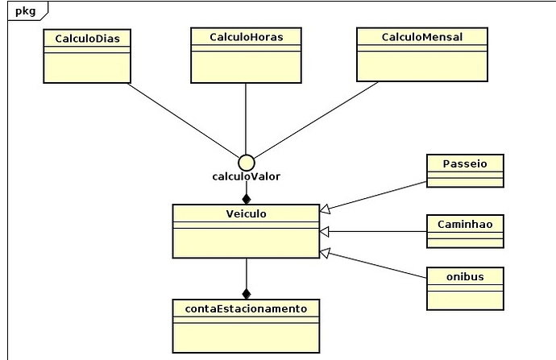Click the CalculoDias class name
pyautogui.click(x=87, y=39)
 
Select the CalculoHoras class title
pyautogui.click(x=247, y=37)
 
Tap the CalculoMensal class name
pyautogui.click(x=422, y=37)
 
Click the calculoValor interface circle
pyautogui.click(x=247, y=163)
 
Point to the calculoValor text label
pyautogui.click(x=246, y=176)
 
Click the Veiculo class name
pyautogui.click(x=246, y=214)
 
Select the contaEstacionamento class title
pyautogui.click(x=246, y=309)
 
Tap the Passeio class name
pyautogui.click(x=465, y=163)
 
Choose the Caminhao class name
pyautogui.click(x=465, y=224)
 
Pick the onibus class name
pyautogui.click(x=465, y=277)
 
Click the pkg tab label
pyautogui.click(x=26, y=11)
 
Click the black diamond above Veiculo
pyautogui.click(x=247, y=199)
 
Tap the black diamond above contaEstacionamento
pyautogui.click(x=247, y=294)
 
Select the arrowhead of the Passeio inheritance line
pyautogui.click(x=325, y=209)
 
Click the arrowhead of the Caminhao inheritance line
pyautogui.click(x=324, y=232)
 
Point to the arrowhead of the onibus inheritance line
pyautogui.click(x=325, y=252)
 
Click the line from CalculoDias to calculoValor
pyautogui.click(x=184, y=120)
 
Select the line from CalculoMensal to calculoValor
pyautogui.click(x=316, y=120)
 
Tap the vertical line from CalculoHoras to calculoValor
pyautogui.click(x=246, y=118)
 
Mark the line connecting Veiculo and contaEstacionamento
pyautogui.click(x=247, y=274)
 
